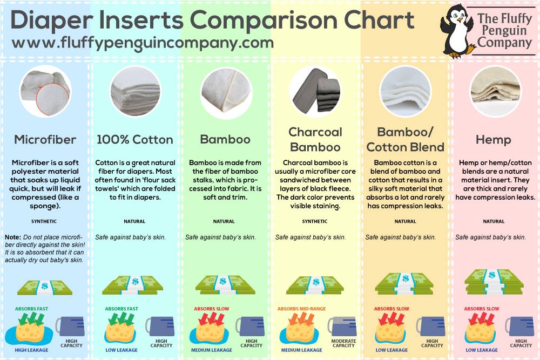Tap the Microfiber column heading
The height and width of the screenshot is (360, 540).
tap(45, 140)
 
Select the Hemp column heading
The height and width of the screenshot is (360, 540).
tap(493, 140)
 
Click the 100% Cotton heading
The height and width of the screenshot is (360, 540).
tap(134, 140)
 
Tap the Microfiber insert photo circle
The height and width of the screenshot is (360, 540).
tap(45, 87)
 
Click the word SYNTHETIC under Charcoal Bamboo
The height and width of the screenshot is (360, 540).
tap(315, 221)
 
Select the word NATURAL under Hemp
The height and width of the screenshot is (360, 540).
tap(494, 221)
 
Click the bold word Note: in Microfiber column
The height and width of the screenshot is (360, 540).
tap(12, 237)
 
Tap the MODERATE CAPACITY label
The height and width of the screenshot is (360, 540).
tap(343, 343)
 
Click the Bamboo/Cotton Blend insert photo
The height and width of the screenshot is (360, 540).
tap(404, 87)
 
